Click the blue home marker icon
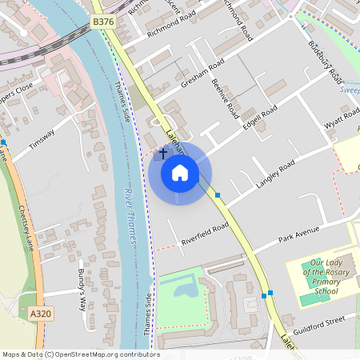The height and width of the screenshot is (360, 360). click(x=180, y=172)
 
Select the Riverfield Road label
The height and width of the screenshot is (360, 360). click(x=205, y=233)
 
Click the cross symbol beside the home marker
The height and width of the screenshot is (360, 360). click(x=163, y=152)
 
